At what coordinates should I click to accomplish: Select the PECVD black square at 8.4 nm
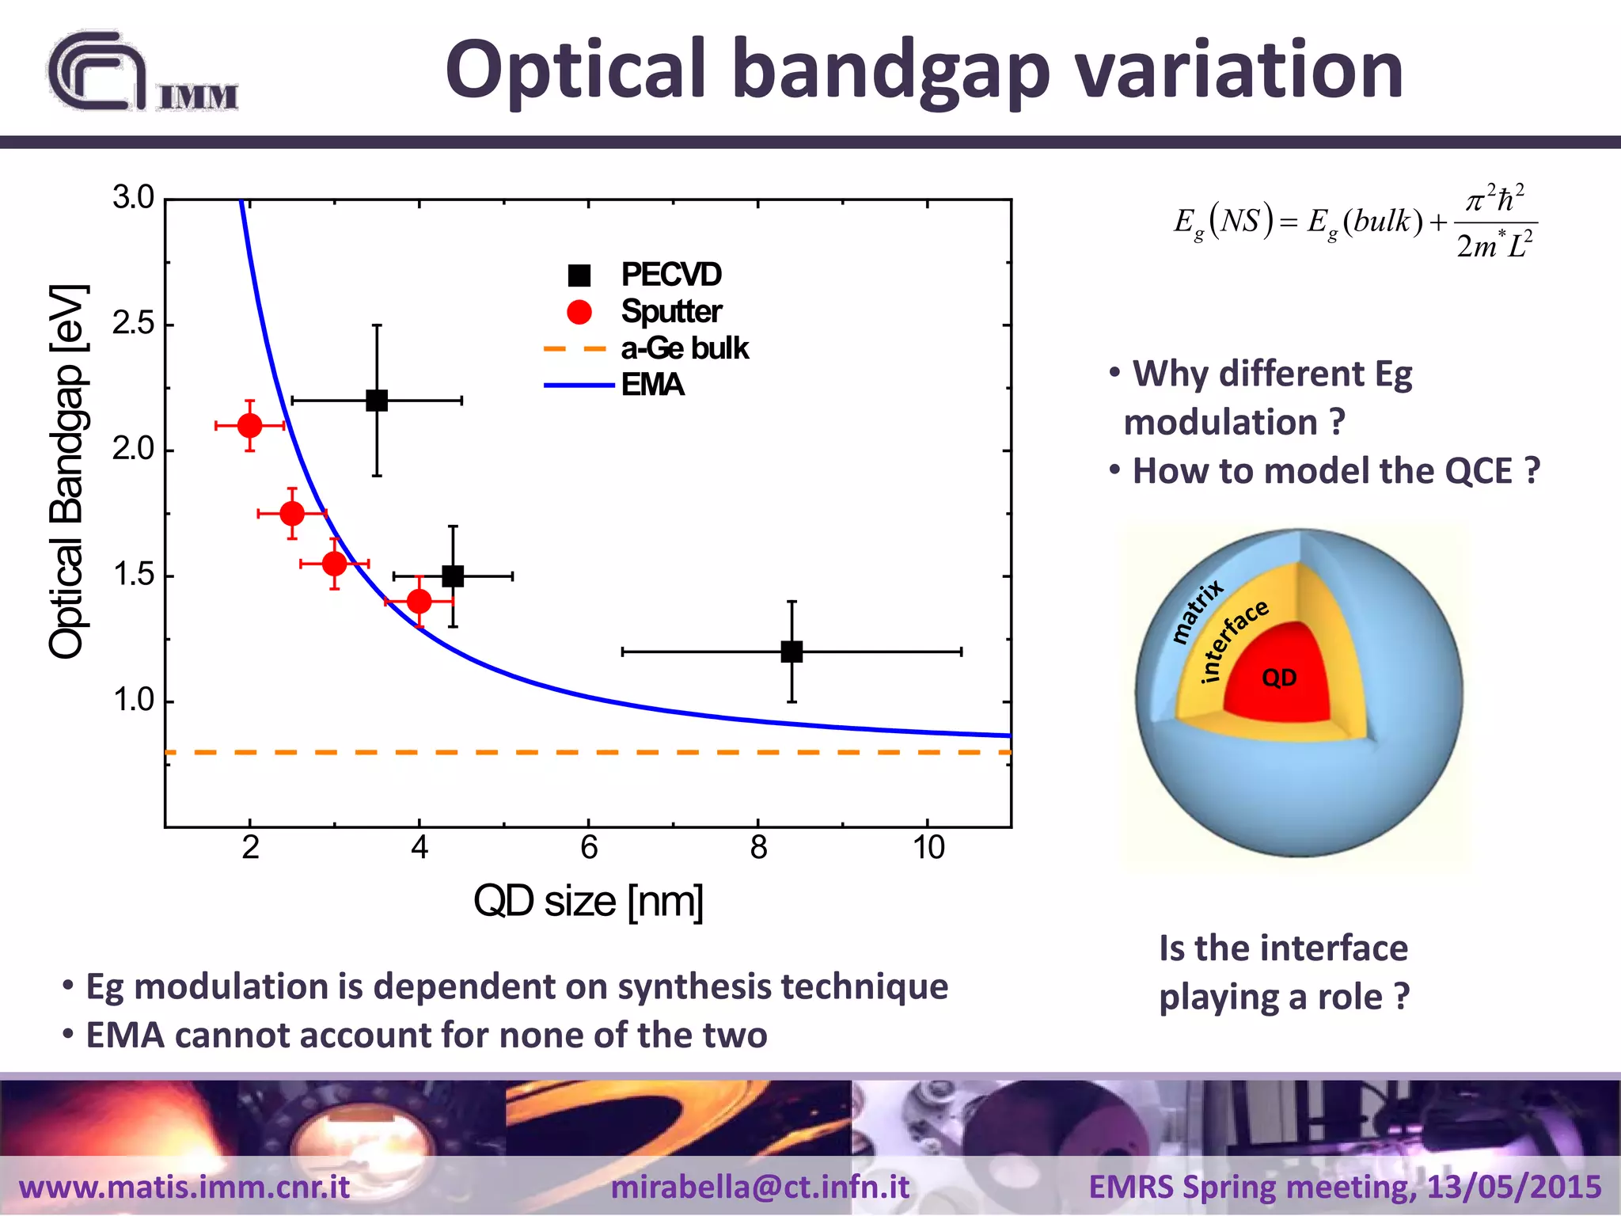click(792, 652)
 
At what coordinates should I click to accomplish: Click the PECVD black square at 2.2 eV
click(377, 401)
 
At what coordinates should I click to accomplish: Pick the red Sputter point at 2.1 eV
click(249, 426)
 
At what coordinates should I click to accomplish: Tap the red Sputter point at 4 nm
click(419, 602)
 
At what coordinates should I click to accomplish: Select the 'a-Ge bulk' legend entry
click(684, 348)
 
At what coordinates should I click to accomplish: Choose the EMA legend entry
click(651, 385)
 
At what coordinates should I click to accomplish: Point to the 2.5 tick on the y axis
click(133, 324)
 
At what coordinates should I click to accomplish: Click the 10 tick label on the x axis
click(928, 848)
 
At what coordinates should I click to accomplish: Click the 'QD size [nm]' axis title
click(588, 901)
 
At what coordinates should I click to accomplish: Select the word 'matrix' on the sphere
click(1197, 610)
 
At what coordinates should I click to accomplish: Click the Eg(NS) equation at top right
click(1355, 222)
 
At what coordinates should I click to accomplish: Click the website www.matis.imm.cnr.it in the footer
click(184, 1187)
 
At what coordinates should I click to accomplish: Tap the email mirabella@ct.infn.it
click(760, 1187)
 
